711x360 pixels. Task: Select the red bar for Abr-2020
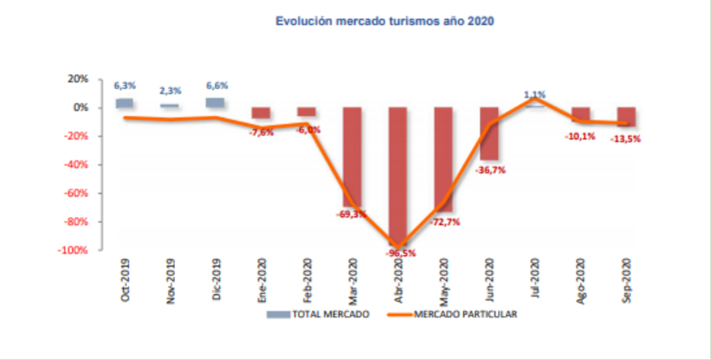398,173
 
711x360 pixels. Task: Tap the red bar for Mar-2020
352,156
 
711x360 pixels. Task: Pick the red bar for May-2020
444,156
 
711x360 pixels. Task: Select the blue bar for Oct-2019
125,103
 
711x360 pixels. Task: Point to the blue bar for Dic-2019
216,102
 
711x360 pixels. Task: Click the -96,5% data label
401,253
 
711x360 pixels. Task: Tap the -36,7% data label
490,170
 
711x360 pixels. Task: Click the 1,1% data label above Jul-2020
534,94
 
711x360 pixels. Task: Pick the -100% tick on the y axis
73,250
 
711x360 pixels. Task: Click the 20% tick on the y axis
78,79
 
